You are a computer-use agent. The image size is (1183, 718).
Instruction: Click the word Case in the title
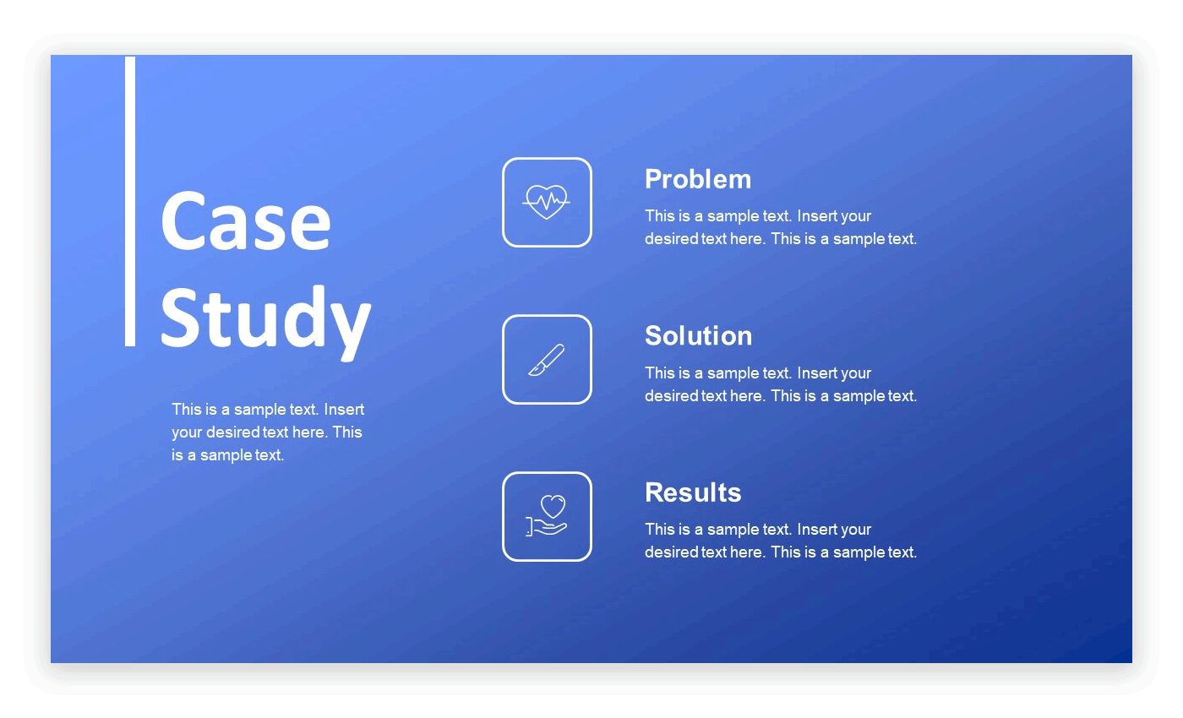click(x=245, y=221)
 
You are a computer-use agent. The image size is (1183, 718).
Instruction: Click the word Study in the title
click(x=264, y=318)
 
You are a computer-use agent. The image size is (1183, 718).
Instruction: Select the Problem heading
click(x=697, y=179)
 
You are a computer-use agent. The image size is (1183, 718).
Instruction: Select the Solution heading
click(x=698, y=335)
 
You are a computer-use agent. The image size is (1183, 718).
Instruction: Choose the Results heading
click(x=693, y=492)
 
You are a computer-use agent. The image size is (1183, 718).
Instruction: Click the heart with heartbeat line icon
click(x=547, y=203)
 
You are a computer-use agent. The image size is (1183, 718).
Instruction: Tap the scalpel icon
click(x=547, y=360)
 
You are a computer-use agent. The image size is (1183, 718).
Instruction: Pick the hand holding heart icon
click(x=547, y=516)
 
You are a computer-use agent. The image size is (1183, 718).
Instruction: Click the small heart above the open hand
click(x=553, y=507)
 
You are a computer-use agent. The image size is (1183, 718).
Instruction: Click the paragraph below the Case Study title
click(x=268, y=432)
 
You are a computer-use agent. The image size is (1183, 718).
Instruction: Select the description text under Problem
click(x=780, y=227)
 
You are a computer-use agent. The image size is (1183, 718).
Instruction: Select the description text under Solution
click(x=780, y=384)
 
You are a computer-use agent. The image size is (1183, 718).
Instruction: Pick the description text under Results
click(x=780, y=541)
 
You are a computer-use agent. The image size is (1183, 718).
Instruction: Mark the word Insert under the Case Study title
click(x=344, y=410)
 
